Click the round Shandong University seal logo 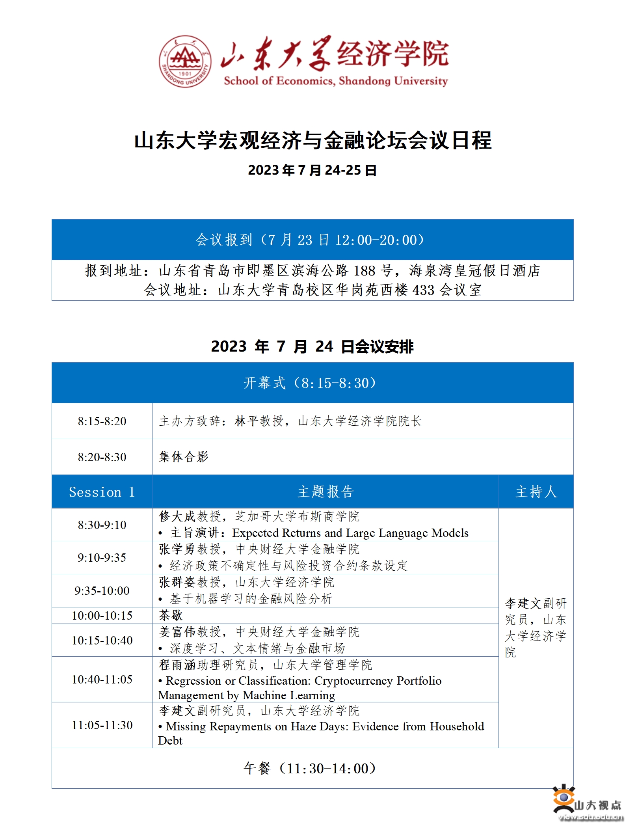(185, 61)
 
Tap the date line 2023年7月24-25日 (312, 170)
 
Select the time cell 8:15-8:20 (102, 421)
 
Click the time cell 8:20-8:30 (102, 457)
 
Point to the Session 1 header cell (102, 492)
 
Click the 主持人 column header (536, 492)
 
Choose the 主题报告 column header (326, 492)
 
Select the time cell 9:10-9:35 (102, 557)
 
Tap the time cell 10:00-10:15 (102, 615)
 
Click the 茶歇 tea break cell (171, 615)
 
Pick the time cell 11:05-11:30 (102, 725)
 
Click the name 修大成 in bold (177, 516)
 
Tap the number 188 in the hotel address (364, 271)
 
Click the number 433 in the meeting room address (423, 290)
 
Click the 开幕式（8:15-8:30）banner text (311, 383)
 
